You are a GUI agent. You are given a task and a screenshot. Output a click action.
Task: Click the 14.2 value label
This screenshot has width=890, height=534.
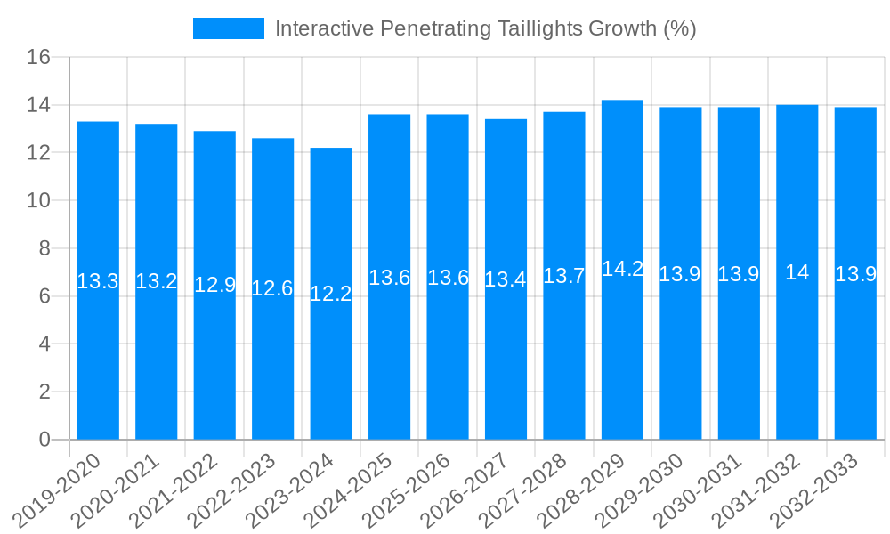[x=622, y=269]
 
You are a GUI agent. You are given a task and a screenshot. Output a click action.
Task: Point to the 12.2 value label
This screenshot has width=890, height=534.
[x=331, y=294]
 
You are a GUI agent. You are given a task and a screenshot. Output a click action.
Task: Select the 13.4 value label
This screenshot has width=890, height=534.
[x=506, y=279]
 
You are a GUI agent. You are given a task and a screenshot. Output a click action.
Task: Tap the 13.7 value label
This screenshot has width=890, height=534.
[x=564, y=276]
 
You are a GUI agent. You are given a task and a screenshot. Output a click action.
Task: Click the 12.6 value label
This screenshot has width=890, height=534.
[x=272, y=288]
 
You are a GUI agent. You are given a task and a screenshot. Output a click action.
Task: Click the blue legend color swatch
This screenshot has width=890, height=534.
[x=229, y=28]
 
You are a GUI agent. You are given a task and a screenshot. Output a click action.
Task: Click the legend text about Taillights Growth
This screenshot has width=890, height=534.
[x=485, y=28]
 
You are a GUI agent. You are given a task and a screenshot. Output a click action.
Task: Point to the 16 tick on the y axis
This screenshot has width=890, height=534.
[x=38, y=58]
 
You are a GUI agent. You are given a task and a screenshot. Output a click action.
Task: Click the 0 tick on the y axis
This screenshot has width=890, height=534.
[x=44, y=440]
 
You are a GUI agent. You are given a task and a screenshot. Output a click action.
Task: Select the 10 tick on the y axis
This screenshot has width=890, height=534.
[x=38, y=201]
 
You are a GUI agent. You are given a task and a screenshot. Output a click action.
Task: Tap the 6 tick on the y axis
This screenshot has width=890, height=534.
[x=44, y=296]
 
